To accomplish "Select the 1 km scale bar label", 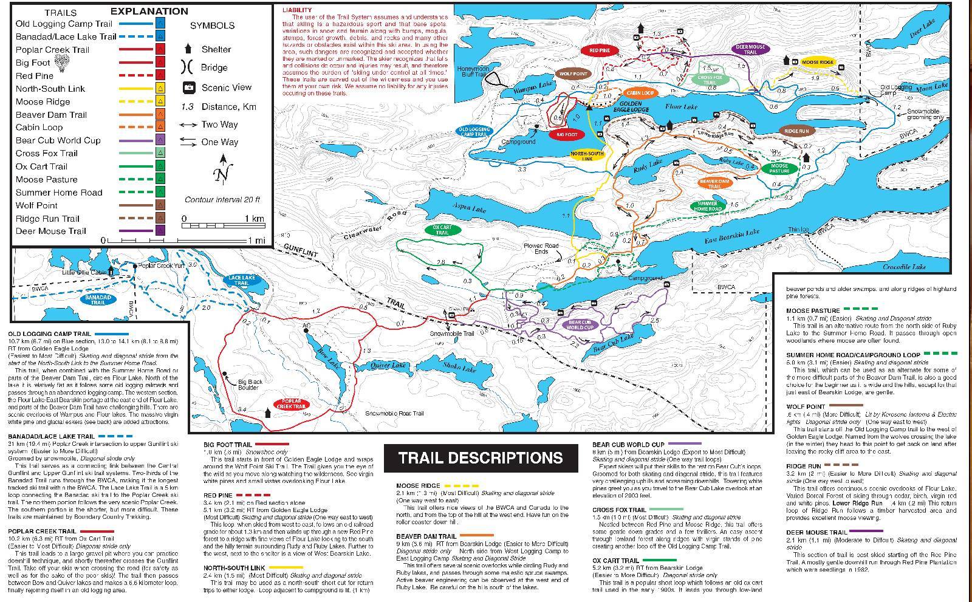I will (x=253, y=219).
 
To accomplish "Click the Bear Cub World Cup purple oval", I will (x=581, y=324).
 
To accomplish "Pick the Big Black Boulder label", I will (x=250, y=385).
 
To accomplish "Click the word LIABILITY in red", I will (x=296, y=10).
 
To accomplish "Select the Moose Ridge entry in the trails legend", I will (x=43, y=101).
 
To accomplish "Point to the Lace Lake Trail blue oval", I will (x=241, y=280).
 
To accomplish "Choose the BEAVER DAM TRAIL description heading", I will (x=425, y=536).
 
